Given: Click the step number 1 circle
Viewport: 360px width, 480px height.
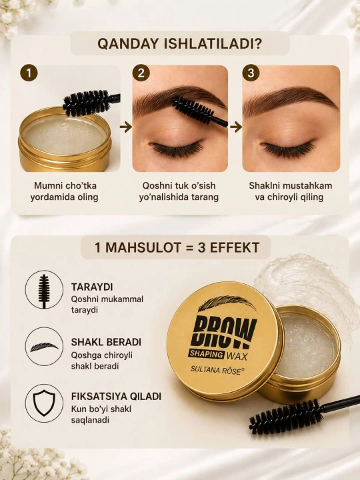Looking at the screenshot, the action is pos(29,73).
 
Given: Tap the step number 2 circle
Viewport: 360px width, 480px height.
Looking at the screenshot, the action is pos(141,73).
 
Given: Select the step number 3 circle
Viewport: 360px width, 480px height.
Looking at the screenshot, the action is pos(251,73).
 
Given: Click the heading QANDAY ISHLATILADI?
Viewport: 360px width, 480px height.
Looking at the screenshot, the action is pos(180,44).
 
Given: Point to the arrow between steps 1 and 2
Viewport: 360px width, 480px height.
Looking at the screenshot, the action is pos(126,127).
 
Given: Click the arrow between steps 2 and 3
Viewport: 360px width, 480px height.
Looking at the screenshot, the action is pos(236,127).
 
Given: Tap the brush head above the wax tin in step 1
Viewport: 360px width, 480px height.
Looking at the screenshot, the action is pos(87,103).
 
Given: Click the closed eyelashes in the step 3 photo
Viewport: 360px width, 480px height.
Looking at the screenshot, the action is pos(289,147).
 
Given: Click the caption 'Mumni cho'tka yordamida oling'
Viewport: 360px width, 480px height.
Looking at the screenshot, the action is pos(65,191).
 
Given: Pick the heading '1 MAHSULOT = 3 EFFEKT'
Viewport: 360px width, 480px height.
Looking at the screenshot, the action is pos(177,247).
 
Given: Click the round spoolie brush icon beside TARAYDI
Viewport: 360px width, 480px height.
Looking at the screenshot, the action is pos(44,289).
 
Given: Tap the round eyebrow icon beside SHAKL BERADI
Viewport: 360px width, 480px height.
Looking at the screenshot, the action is pos(44,346).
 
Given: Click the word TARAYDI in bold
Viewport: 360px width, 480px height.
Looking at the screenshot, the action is pos(92,287).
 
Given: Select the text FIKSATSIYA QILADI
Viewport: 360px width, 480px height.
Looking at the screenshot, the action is pos(116,396).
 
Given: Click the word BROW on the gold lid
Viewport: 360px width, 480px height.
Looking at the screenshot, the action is pos(223,332).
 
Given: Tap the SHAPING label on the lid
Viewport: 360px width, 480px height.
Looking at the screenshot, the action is pos(206,354).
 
